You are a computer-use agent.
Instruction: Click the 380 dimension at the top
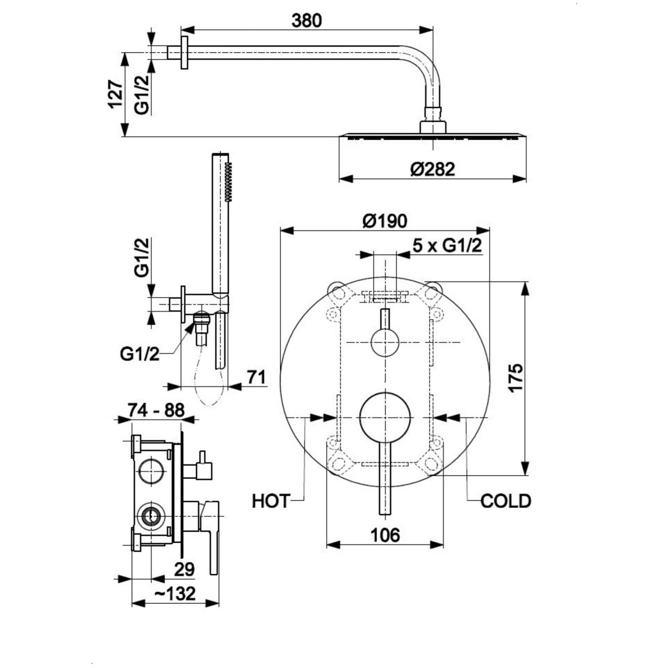coord(306,21)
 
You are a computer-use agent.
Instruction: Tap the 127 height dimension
coord(115,95)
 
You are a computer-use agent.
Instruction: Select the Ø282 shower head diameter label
coord(433,169)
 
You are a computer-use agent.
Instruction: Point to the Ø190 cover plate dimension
coord(385,221)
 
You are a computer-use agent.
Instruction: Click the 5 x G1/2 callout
coord(447,246)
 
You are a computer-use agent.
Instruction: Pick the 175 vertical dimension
coord(516,377)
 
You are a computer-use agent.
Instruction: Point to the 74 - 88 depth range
coord(157,410)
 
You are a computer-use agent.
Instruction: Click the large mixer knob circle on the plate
coord(385,418)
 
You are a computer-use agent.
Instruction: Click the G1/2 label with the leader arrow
coord(140,354)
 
